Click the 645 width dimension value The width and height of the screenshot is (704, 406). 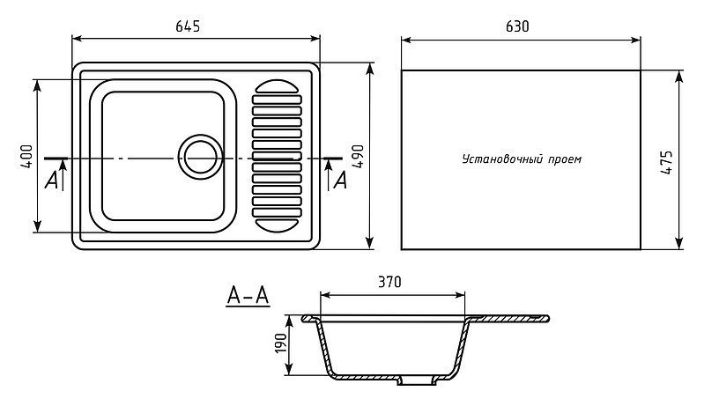click(188, 27)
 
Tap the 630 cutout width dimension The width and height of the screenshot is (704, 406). click(517, 27)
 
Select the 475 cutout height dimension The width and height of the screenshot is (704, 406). click(667, 162)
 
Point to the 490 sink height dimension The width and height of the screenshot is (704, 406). click(358, 156)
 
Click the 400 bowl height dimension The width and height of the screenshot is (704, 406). click(26, 156)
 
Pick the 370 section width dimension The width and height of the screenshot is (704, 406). click(389, 282)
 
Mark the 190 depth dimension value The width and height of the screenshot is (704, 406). click(280, 343)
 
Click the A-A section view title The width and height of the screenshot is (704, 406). click(248, 296)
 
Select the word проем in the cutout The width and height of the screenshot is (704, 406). click(565, 159)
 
